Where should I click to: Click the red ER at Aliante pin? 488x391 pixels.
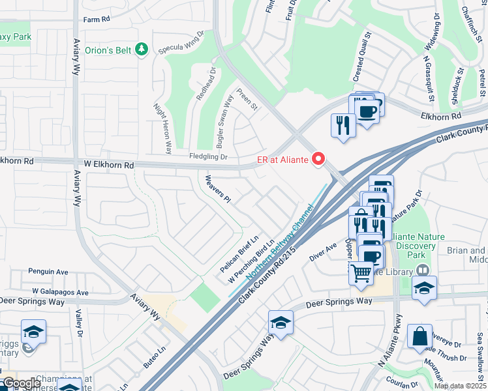pyautogui.click(x=318, y=158)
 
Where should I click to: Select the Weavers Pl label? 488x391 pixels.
pyautogui.click(x=218, y=189)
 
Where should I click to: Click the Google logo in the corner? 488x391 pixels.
pyautogui.click(x=21, y=383)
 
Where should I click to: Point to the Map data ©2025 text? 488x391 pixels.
pyautogui.click(x=460, y=386)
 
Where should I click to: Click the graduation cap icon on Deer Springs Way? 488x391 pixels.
pyautogui.click(x=280, y=323)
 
